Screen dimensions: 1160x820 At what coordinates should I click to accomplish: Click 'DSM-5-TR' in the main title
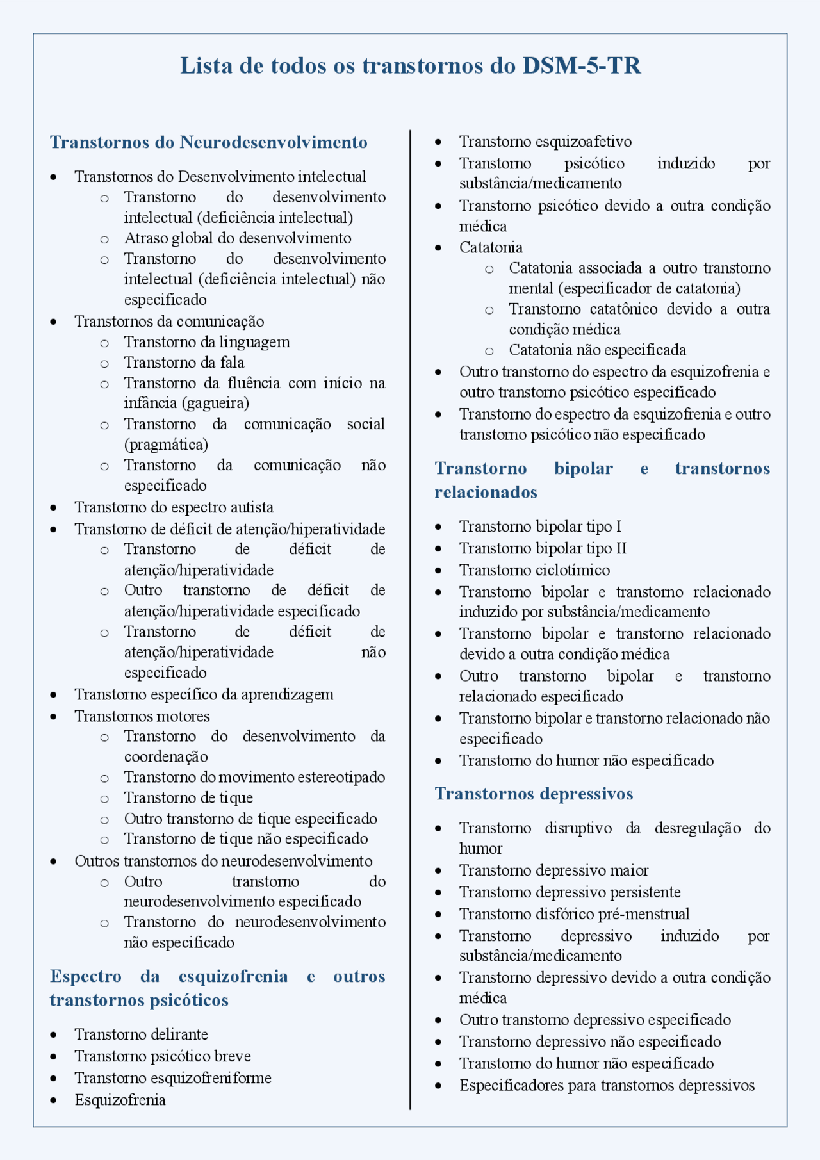[582, 66]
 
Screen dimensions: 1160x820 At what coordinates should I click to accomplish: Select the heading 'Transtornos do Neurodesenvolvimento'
[209, 142]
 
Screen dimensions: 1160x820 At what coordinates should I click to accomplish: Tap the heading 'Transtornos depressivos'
[534, 794]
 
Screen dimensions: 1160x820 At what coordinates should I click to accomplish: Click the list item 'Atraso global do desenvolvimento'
[238, 238]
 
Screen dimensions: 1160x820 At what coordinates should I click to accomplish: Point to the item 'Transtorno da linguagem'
[207, 342]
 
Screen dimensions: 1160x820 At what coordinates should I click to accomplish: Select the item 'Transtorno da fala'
[184, 363]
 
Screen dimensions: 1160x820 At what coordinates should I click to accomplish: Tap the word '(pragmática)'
[166, 445]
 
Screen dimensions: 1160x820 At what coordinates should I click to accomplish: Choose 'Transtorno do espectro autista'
[174, 507]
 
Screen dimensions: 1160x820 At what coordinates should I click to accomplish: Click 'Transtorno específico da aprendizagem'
[204, 694]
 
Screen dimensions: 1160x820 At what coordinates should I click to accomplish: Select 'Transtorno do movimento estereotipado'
[254, 777]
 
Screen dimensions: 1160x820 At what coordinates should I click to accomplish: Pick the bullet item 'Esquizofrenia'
[120, 1100]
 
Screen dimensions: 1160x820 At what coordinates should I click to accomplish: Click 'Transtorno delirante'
[141, 1034]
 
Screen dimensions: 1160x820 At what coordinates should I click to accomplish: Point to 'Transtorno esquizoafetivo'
[545, 142]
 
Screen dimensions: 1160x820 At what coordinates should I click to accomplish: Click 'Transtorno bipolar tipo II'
[543, 548]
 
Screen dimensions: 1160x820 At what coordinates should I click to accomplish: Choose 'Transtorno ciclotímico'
[534, 570]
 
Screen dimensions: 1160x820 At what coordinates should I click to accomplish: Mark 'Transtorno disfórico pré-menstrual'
[574, 914]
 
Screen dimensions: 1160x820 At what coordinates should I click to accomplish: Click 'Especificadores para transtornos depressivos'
[607, 1086]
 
